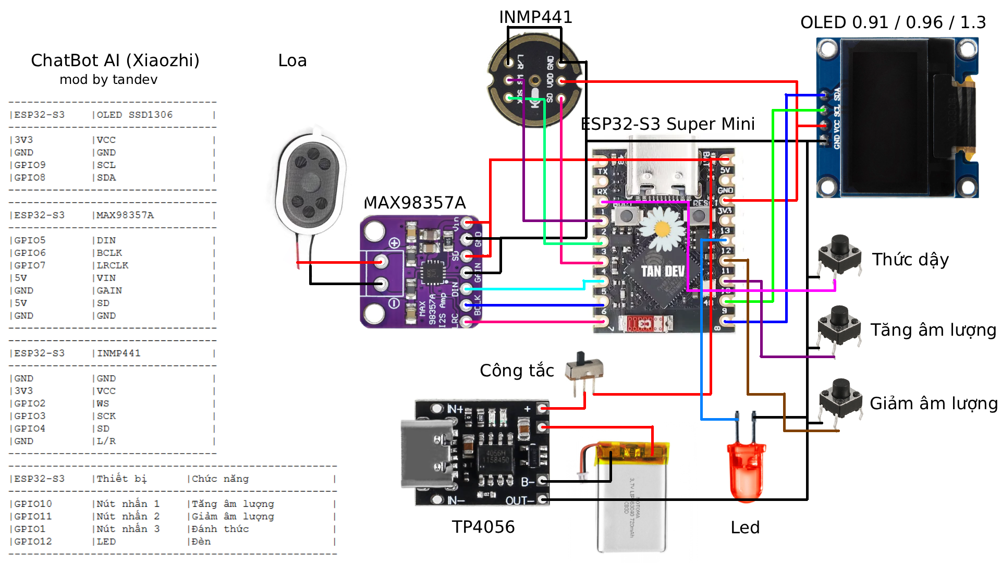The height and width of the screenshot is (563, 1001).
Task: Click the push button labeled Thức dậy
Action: (x=839, y=255)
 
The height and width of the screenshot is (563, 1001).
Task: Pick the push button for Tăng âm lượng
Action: (x=839, y=326)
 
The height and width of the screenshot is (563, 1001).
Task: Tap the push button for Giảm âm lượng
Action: (x=840, y=399)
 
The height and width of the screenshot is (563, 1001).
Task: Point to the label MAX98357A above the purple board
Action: (x=414, y=203)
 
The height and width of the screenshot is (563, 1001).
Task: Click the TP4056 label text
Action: (x=483, y=527)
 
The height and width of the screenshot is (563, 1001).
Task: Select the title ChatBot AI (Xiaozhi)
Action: (x=115, y=60)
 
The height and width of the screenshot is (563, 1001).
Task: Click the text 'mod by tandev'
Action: (x=108, y=80)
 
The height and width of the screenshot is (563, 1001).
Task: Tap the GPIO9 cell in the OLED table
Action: (x=30, y=165)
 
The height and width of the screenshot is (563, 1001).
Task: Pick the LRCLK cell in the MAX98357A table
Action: (x=113, y=265)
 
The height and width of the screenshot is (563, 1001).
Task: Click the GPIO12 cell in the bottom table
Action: (x=33, y=542)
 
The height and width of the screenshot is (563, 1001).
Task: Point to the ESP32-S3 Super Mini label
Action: (x=667, y=124)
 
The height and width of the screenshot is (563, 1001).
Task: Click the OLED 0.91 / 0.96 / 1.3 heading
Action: (x=893, y=22)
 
